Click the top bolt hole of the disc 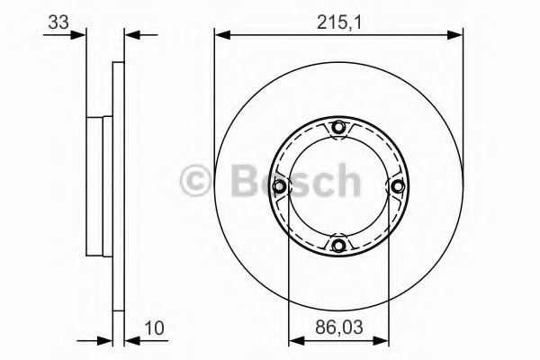coord(338,129)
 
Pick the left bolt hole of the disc coord(281,186)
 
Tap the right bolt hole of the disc coord(396,186)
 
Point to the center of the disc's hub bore coord(338,186)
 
